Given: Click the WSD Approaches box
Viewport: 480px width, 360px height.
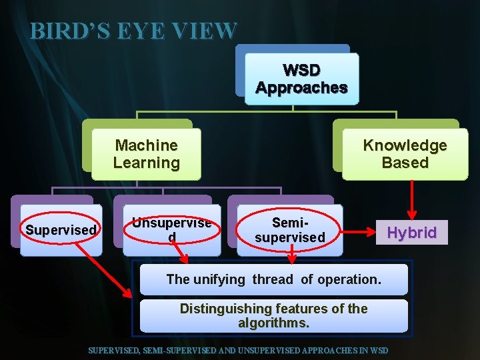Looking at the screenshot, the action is pyautogui.click(x=301, y=79).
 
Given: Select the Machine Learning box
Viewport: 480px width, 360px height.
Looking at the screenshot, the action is pyautogui.click(x=146, y=154).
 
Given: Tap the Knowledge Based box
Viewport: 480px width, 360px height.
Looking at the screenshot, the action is pyautogui.click(x=405, y=154).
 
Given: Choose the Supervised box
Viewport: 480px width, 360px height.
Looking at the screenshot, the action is pyautogui.click(x=61, y=230).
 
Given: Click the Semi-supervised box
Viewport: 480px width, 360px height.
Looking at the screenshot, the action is pyautogui.click(x=290, y=230).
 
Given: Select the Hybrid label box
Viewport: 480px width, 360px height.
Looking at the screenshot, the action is pyautogui.click(x=411, y=233).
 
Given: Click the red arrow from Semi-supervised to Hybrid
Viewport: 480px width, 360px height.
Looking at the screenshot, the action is pyautogui.click(x=359, y=233).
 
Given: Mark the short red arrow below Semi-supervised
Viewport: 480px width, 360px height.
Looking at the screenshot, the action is pyautogui.click(x=291, y=252).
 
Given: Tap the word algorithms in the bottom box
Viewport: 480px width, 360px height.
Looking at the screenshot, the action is pyautogui.click(x=273, y=323).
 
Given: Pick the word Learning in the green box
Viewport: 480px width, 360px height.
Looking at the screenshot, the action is pyautogui.click(x=146, y=163).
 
